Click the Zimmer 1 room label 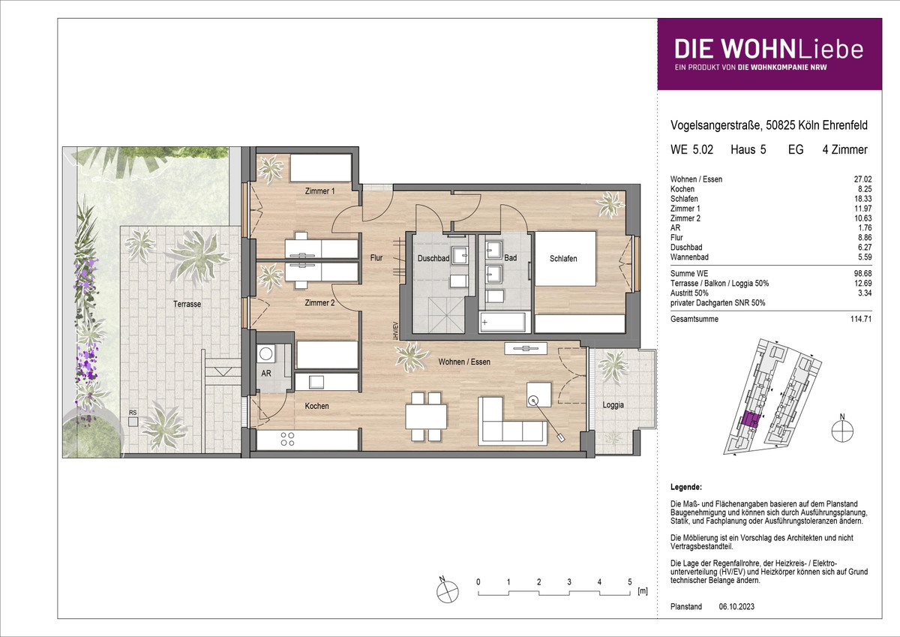[319, 191]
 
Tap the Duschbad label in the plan [433, 258]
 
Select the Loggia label [613, 405]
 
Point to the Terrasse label [187, 304]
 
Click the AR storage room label [266, 374]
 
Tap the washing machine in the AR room [266, 354]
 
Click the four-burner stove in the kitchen [287, 439]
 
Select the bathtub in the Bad [502, 322]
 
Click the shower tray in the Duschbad [447, 314]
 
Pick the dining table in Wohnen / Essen [426, 416]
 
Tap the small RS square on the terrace [133, 422]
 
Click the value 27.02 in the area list [862, 179]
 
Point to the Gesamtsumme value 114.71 [861, 319]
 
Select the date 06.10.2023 [736, 606]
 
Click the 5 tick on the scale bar [629, 581]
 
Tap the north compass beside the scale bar [447, 591]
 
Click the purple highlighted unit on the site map [750, 420]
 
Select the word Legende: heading [686, 487]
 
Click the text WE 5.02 [691, 150]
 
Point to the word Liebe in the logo [830, 50]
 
